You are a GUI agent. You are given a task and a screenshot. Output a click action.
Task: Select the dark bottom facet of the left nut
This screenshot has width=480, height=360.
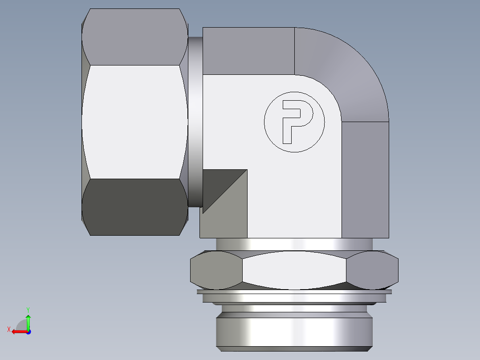pos(134,207)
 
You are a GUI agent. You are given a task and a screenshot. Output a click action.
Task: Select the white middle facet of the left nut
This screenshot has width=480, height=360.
pos(134,123)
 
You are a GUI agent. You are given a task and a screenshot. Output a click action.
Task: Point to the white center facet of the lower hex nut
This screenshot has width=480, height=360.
pos(294,270)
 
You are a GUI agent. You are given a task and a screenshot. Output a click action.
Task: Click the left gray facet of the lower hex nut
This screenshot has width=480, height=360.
pos(216,270)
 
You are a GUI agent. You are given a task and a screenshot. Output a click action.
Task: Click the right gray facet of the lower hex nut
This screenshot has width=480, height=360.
pos(372,270)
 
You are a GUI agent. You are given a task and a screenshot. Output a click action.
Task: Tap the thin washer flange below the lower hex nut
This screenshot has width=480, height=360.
pos(294,292)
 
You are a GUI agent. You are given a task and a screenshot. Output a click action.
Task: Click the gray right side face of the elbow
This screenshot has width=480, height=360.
pos(365,178)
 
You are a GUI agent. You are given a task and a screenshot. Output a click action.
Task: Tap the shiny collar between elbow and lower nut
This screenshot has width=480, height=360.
pos(294,244)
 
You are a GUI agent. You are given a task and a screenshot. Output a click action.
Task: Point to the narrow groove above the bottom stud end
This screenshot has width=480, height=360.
pos(294,308)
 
